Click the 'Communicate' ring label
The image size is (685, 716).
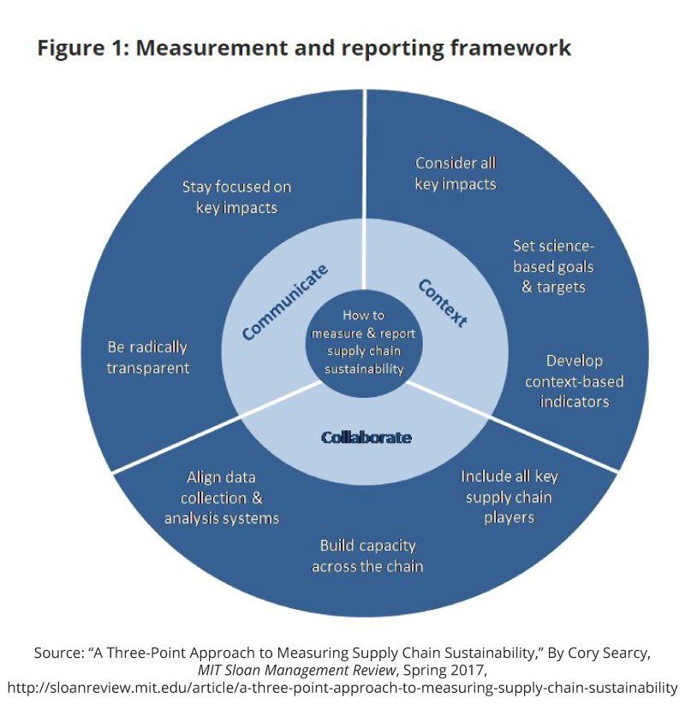pos(285,304)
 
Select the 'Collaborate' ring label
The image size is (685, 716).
pos(366,437)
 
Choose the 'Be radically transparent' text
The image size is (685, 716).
pos(147,358)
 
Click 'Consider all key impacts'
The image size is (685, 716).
pos(456,173)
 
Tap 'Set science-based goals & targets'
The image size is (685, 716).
pos(553,266)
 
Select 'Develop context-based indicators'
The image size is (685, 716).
pos(575,381)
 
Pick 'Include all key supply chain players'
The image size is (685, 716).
pos(509,497)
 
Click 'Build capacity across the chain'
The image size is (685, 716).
pos(367,556)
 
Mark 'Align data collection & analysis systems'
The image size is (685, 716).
pos(222,498)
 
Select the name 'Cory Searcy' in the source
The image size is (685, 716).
pos(609,653)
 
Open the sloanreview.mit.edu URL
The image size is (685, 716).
pos(342,688)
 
